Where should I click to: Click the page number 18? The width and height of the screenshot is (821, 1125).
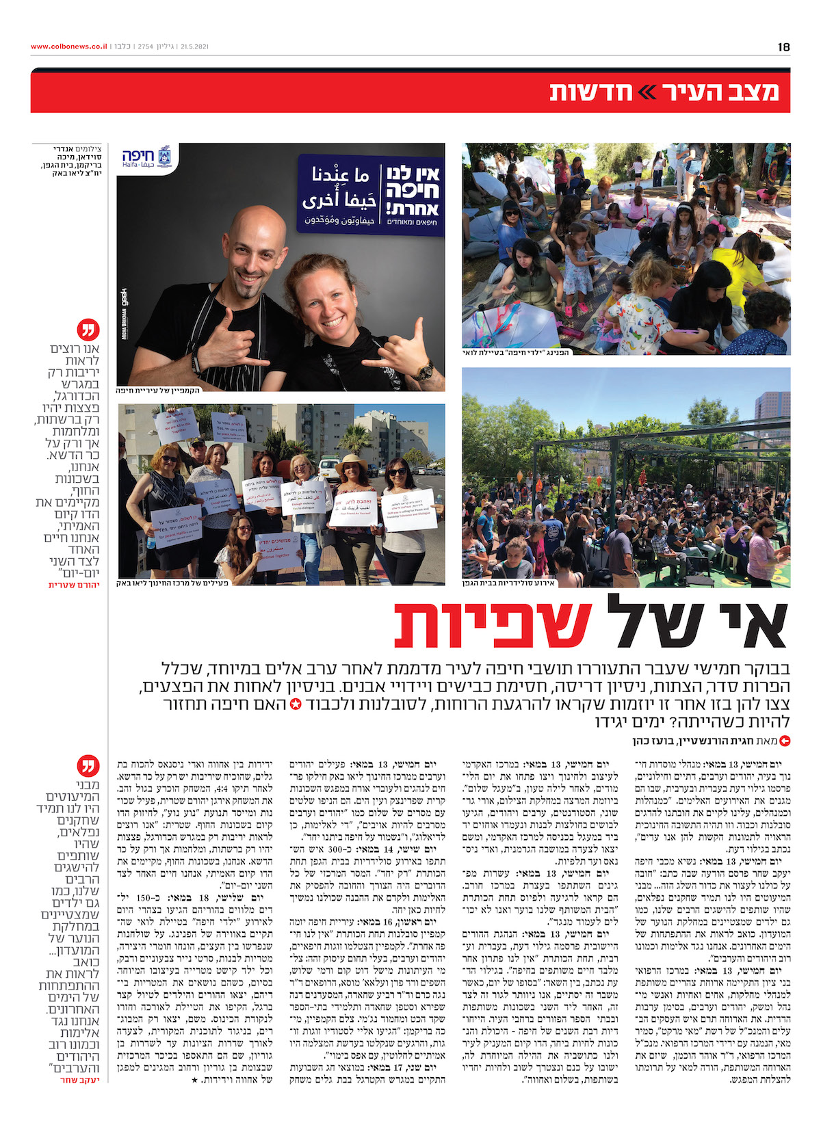pyautogui.click(x=783, y=47)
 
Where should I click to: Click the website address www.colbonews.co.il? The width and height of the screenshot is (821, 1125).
pyautogui.click(x=69, y=47)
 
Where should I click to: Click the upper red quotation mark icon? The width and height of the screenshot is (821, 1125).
pyautogui.click(x=88, y=330)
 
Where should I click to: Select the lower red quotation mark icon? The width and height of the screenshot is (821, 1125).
pyautogui.click(x=88, y=765)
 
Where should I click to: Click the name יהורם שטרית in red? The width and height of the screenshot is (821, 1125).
pyautogui.click(x=74, y=585)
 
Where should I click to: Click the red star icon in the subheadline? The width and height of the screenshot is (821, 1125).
pyautogui.click(x=296, y=704)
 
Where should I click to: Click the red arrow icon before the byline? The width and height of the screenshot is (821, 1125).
pyautogui.click(x=785, y=740)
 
